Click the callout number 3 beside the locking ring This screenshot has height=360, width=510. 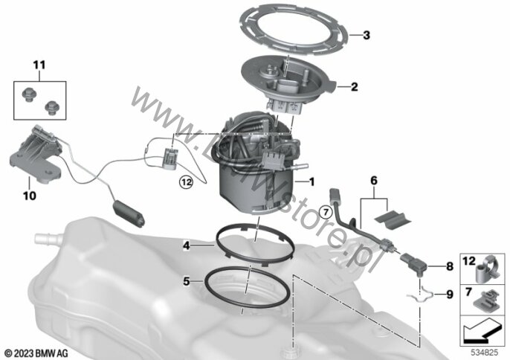367,35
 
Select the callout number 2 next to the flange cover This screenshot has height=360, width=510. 354,86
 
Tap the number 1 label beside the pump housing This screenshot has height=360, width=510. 312,181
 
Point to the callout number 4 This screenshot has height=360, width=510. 186,245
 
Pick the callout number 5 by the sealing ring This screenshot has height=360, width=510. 186,281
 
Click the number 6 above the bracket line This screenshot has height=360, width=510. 374,180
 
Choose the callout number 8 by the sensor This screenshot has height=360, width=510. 450,266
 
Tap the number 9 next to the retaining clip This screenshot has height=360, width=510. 450,295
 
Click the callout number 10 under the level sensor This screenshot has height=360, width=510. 29,196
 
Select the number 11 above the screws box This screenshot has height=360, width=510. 39,65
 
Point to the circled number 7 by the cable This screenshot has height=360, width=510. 326,213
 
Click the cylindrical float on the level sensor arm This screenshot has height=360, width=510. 129,213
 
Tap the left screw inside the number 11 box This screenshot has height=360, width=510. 29,95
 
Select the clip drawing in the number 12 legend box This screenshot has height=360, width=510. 488,270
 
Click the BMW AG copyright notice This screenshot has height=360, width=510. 36,353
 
